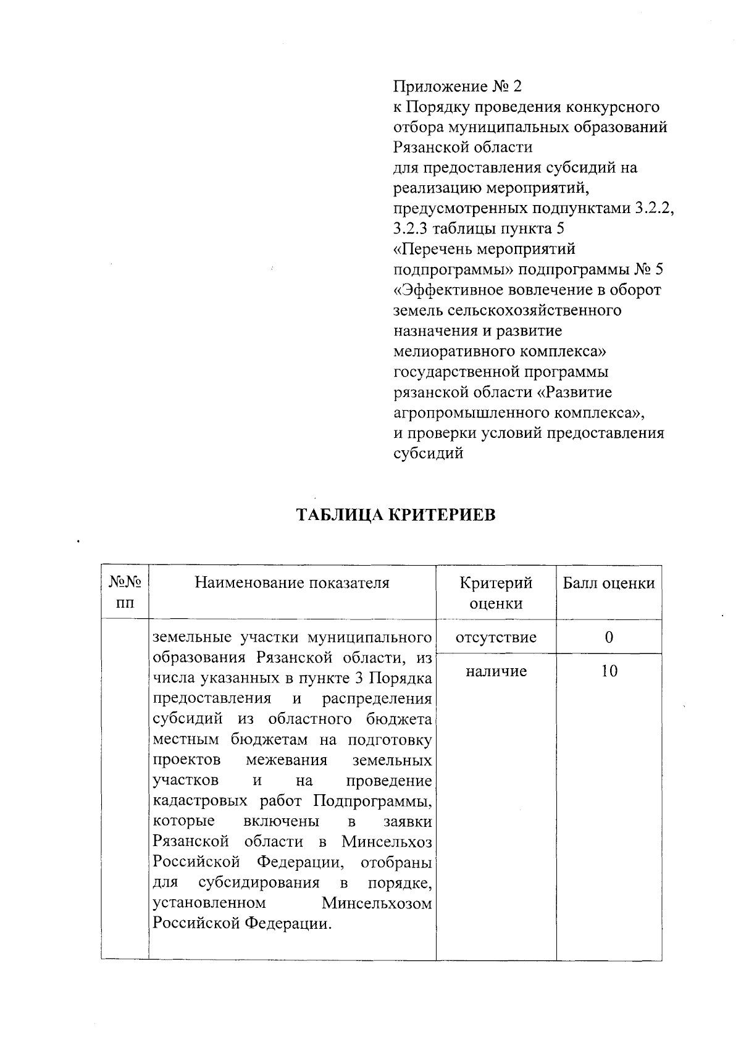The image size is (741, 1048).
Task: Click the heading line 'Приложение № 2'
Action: coord(458,86)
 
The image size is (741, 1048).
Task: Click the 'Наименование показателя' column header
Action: coord(292,582)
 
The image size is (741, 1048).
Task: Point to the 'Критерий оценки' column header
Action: coord(496,592)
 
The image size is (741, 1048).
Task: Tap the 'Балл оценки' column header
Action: coord(608,582)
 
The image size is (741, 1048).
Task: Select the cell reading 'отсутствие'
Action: coord(496,637)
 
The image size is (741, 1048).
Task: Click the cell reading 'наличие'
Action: coord(496,671)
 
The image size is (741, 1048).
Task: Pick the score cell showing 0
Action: coord(609,637)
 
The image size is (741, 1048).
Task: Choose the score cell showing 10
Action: coord(609,671)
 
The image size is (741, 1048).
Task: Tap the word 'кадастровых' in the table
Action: coord(199,801)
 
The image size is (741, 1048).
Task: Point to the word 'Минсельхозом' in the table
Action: coord(377,903)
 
